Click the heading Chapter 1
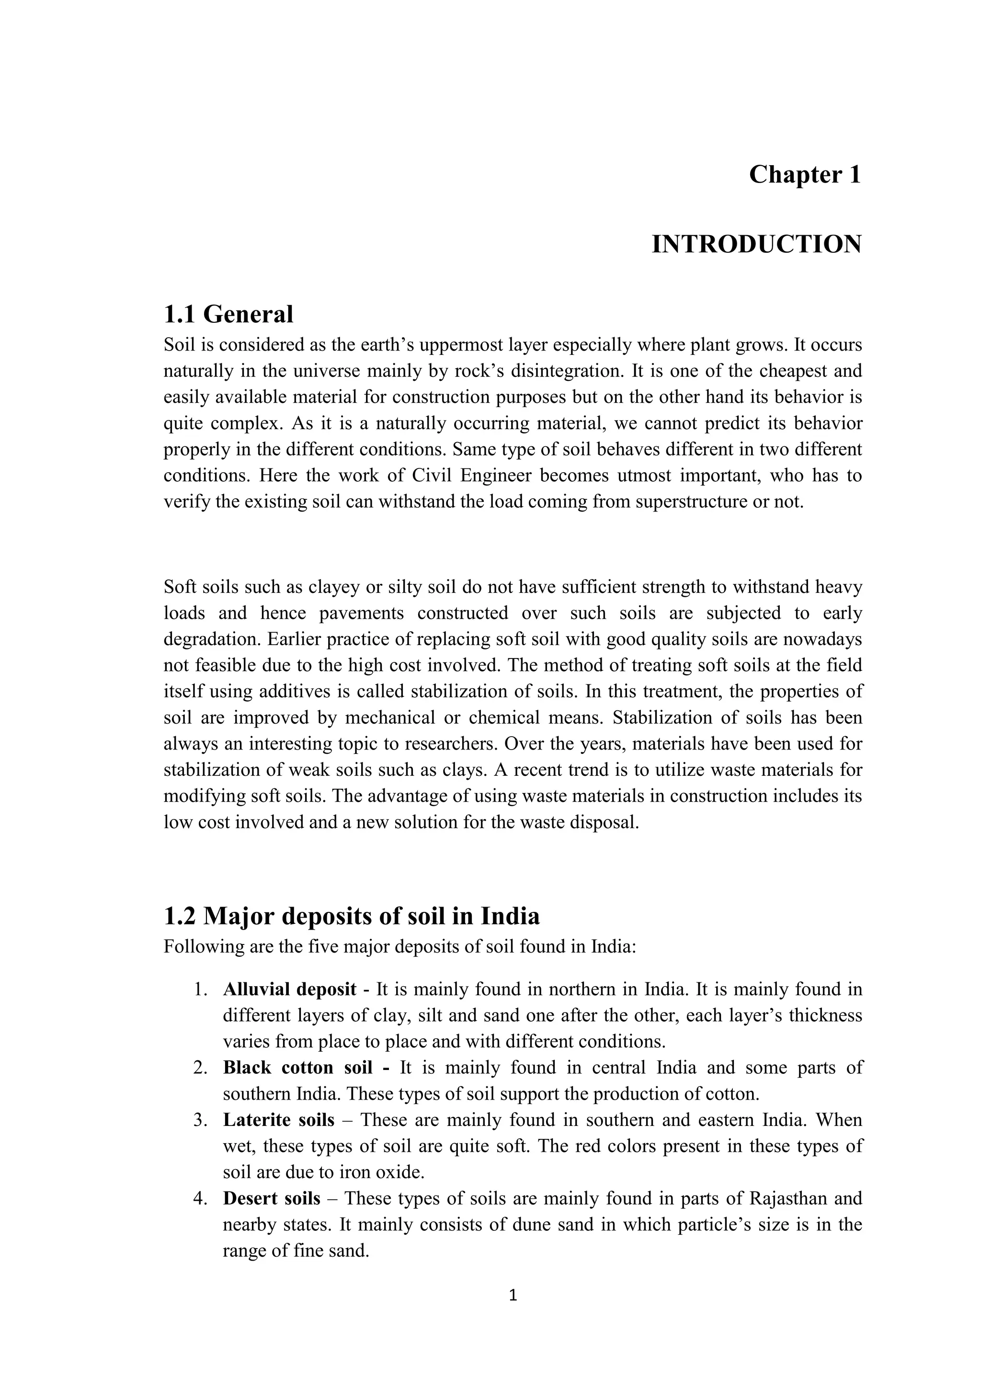pyautogui.click(x=804, y=175)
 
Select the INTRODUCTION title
pyautogui.click(x=756, y=245)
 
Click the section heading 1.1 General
pyautogui.click(x=228, y=314)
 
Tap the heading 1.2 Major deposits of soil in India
pyautogui.click(x=352, y=916)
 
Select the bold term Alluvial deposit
pyautogui.click(x=289, y=989)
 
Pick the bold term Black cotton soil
pyautogui.click(x=297, y=1068)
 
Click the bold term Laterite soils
pyautogui.click(x=278, y=1120)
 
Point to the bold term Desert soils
pyautogui.click(x=271, y=1198)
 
